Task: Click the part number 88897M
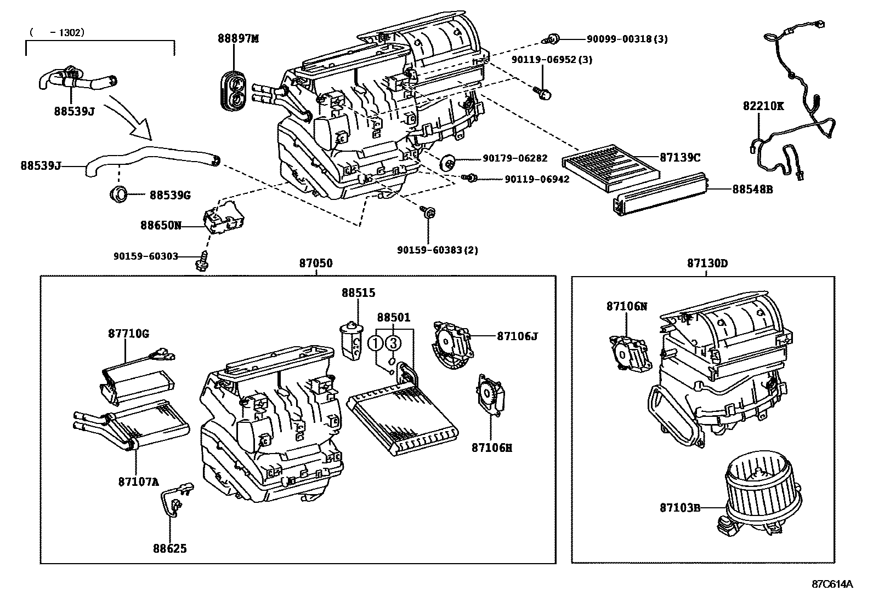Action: [237, 38]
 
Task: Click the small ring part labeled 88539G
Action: [119, 194]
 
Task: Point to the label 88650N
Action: [160, 225]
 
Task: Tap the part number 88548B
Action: [752, 189]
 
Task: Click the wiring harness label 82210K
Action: [763, 106]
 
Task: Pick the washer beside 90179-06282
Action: [449, 162]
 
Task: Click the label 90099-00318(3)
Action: [627, 39]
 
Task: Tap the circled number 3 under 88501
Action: [393, 343]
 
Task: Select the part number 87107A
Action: [138, 482]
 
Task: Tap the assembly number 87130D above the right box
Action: [707, 263]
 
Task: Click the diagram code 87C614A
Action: [832, 584]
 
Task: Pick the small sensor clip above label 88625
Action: [177, 498]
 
